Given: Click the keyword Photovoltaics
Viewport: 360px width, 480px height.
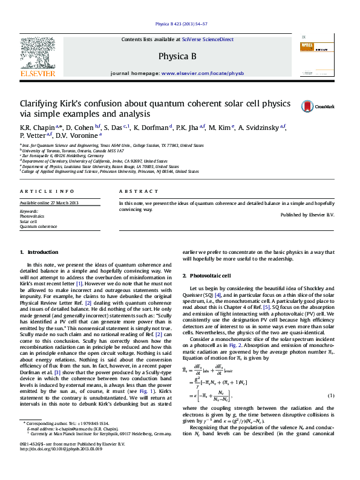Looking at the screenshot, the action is [32, 216].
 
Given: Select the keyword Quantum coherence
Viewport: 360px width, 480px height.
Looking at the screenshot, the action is [39, 227].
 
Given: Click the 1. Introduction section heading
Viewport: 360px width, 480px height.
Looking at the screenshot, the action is [40, 252].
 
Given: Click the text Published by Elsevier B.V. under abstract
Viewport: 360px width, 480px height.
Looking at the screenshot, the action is [307, 215].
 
